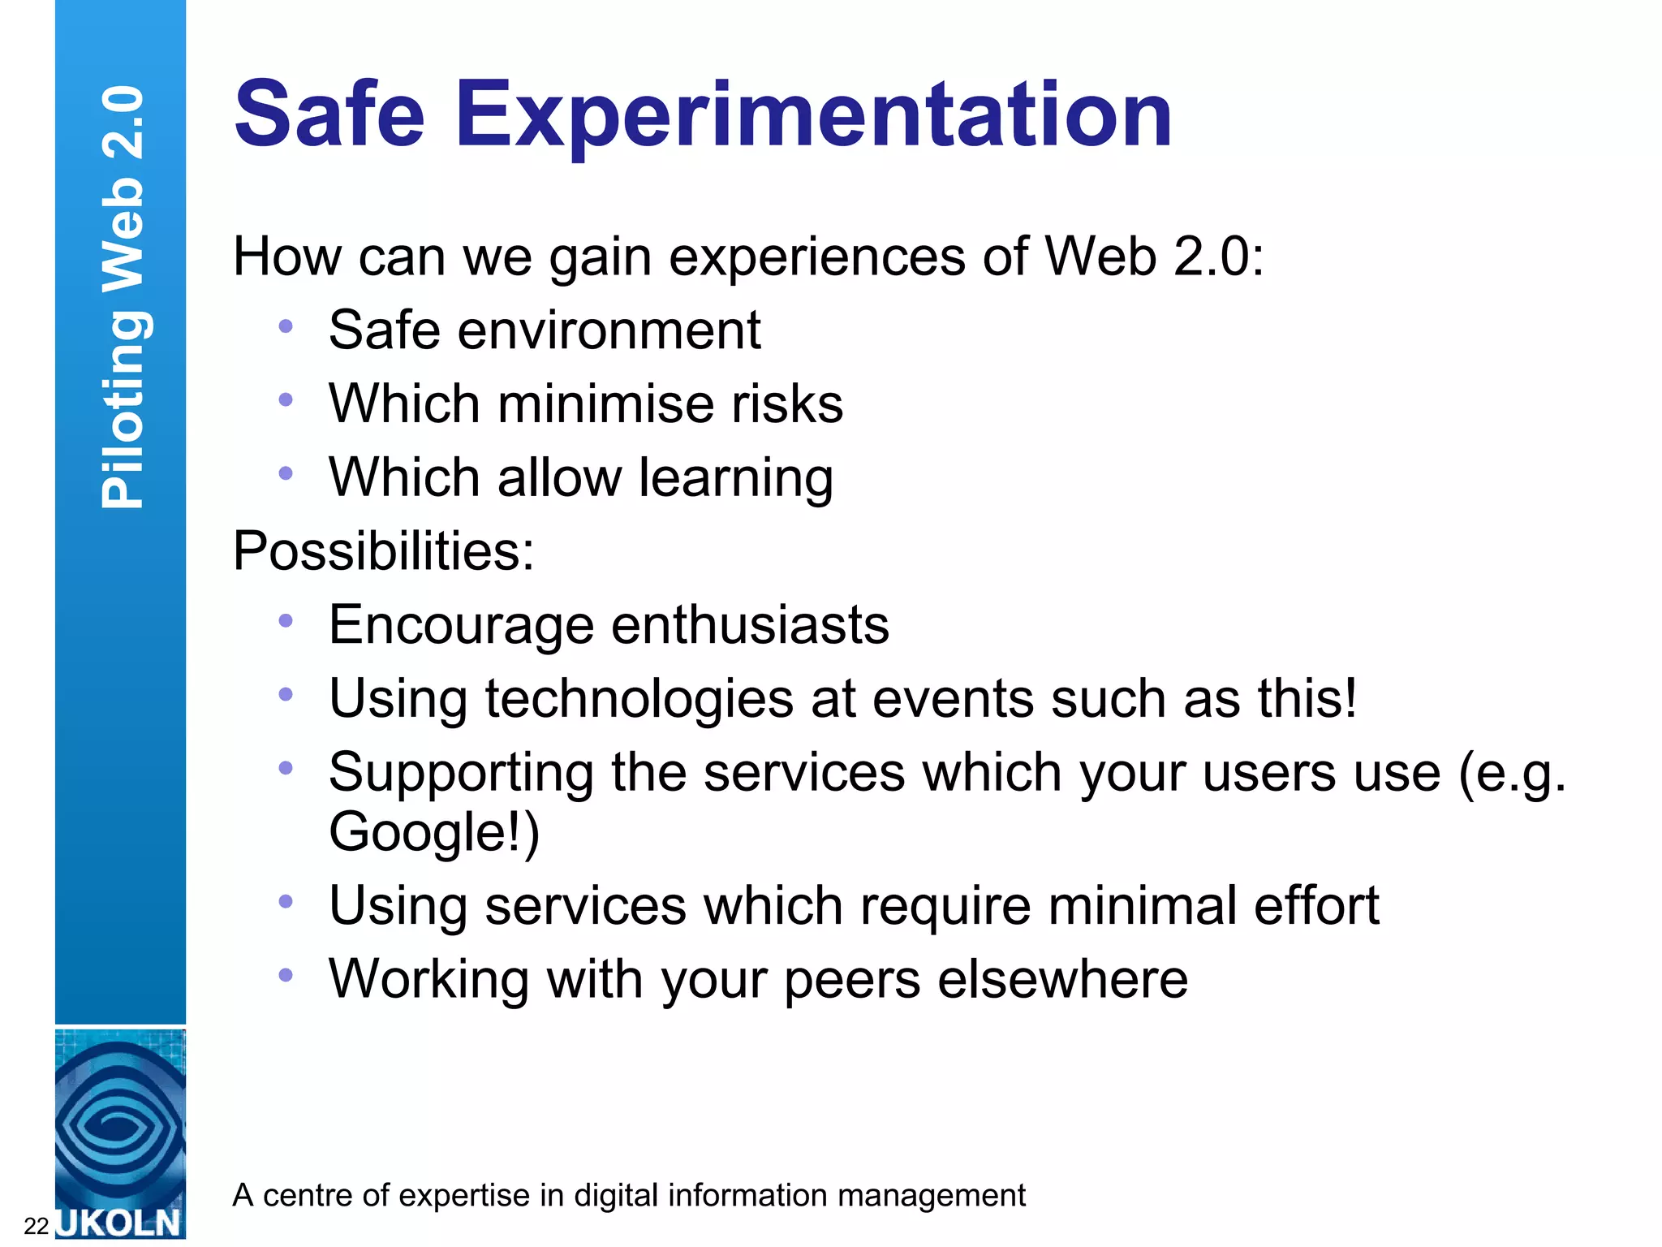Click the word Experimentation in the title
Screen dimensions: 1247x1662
813,115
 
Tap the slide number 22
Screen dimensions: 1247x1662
37,1225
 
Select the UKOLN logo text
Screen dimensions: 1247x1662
120,1223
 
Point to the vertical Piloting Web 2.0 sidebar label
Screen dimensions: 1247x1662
123,297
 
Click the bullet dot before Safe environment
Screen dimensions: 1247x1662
286,326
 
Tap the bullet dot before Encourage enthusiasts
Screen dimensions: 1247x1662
286,621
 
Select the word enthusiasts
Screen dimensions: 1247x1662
750,625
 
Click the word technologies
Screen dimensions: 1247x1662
639,699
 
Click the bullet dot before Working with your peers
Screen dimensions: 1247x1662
286,975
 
